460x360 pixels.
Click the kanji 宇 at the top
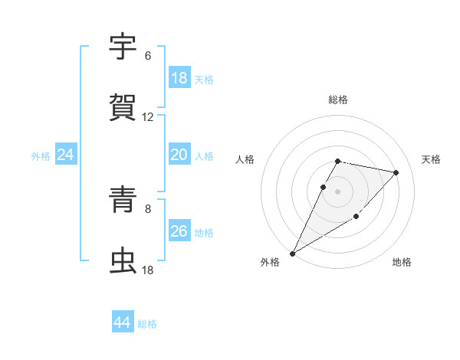click(124, 47)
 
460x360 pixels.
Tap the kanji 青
click(124, 200)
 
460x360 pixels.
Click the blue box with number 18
click(179, 78)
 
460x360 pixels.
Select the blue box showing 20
click(179, 155)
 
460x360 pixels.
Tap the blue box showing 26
click(179, 231)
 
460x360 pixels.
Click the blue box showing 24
click(66, 155)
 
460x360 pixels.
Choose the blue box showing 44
click(123, 323)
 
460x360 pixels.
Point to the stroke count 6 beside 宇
click(148, 56)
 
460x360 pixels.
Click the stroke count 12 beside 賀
click(148, 117)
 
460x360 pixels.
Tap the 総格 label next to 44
click(147, 324)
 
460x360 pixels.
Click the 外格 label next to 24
click(41, 155)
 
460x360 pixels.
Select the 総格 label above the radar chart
click(338, 100)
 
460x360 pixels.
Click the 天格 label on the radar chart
click(432, 159)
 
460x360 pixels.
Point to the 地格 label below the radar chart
click(402, 263)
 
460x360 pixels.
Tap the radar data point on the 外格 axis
click(292, 254)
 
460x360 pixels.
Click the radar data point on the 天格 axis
click(396, 173)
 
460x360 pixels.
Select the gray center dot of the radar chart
click(338, 191)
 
